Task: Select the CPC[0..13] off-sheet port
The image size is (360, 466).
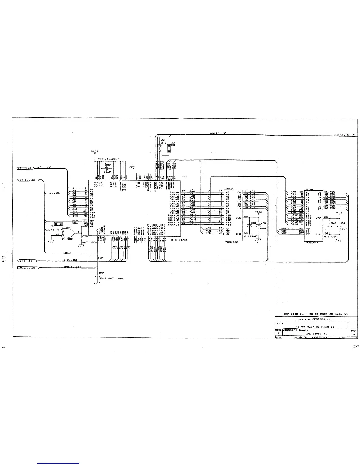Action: (28, 267)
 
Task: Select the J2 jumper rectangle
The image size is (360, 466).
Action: (160, 148)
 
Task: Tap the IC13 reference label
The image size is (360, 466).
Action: (229, 189)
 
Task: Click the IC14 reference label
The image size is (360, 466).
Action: (309, 189)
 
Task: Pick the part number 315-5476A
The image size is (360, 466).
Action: (179, 240)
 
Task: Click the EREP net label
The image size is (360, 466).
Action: (67, 253)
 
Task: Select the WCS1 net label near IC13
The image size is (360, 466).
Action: (209, 229)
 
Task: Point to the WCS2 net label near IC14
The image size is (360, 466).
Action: (285, 229)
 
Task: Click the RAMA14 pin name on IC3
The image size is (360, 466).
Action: (174, 225)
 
